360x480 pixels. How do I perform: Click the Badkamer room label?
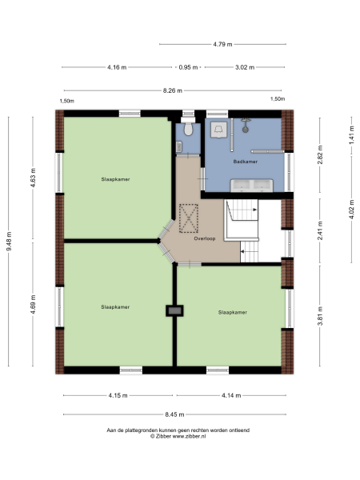coord(245,162)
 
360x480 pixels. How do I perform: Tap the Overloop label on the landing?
coord(204,238)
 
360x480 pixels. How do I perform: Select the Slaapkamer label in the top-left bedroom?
coord(115,179)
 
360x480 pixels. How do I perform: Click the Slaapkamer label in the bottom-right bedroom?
coord(232,312)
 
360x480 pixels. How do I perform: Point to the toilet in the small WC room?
coord(186,128)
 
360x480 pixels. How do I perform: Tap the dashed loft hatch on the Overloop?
coord(190,217)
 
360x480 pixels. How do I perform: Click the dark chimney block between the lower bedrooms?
coord(172,310)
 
